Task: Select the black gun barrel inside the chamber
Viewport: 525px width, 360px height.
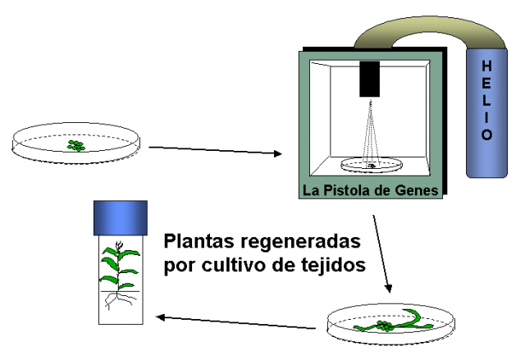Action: [370, 79]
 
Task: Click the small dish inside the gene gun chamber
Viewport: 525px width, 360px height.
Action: [371, 165]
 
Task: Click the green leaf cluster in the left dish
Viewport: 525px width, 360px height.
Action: [76, 145]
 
